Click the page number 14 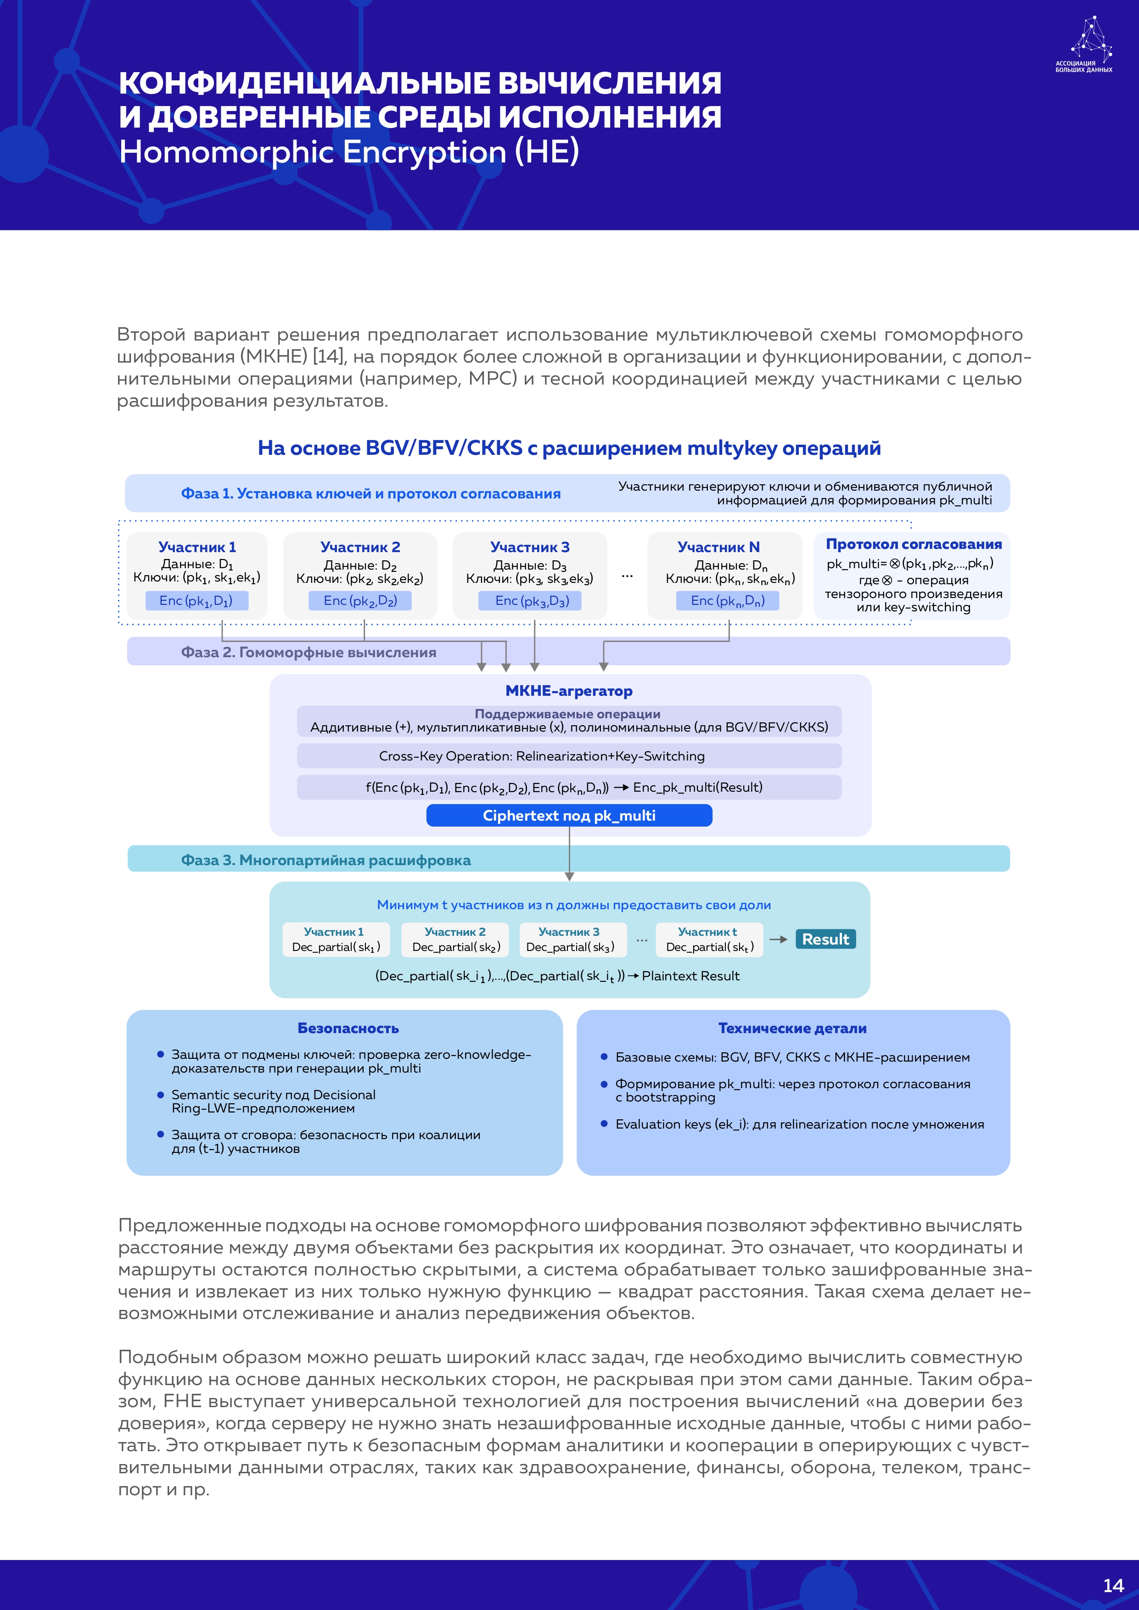pyautogui.click(x=1113, y=1586)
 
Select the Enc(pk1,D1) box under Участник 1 pyautogui.click(x=196, y=601)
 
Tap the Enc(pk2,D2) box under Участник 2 pyautogui.click(x=360, y=601)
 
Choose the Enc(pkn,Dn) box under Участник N pyautogui.click(x=727, y=601)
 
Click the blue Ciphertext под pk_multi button pyautogui.click(x=569, y=816)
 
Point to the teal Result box pyautogui.click(x=825, y=939)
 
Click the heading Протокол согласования pyautogui.click(x=913, y=544)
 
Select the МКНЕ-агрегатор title pyautogui.click(x=569, y=691)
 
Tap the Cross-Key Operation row pyautogui.click(x=569, y=756)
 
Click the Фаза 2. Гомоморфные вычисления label pyautogui.click(x=309, y=652)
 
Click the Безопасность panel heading pyautogui.click(x=348, y=1028)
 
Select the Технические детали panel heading pyautogui.click(x=792, y=1028)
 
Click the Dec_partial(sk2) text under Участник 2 pyautogui.click(x=456, y=947)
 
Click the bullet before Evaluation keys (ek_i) pyautogui.click(x=604, y=1124)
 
